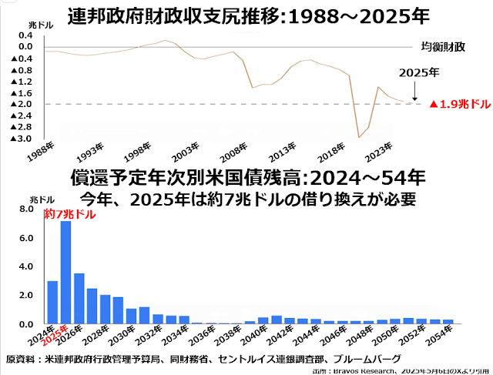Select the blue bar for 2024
click(x=52, y=303)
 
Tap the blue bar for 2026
click(x=79, y=299)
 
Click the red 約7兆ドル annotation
click(x=70, y=215)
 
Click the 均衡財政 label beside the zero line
click(x=444, y=46)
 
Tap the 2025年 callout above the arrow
click(x=420, y=73)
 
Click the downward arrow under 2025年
click(x=415, y=92)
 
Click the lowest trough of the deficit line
click(x=358, y=137)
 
